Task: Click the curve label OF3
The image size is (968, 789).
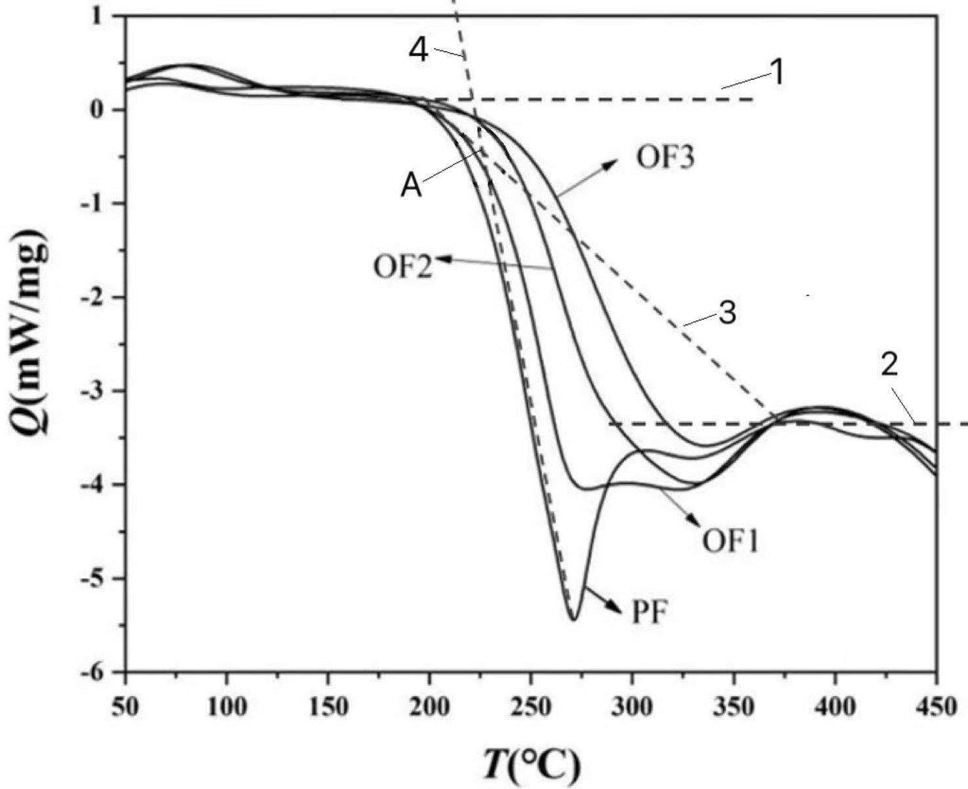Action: click(664, 158)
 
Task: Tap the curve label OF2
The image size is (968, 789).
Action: click(403, 267)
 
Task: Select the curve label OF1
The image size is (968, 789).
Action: click(730, 542)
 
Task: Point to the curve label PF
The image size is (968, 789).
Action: click(650, 614)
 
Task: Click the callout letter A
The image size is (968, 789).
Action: click(411, 187)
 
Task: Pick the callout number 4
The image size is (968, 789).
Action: click(419, 51)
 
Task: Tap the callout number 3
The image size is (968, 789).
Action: click(726, 313)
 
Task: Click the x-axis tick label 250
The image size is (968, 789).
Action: click(530, 708)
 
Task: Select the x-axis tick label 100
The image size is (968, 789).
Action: click(226, 708)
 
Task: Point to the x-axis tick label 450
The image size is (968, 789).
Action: click(935, 708)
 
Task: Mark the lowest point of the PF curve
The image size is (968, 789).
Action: click(573, 620)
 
